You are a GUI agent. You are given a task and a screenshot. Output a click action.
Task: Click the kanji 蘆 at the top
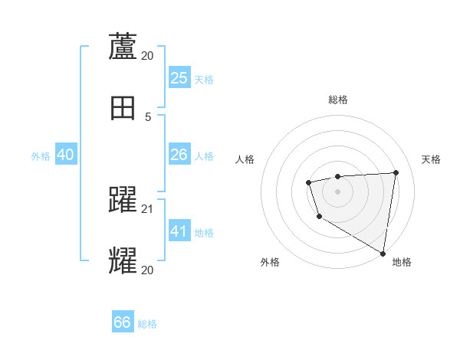pos(123,46)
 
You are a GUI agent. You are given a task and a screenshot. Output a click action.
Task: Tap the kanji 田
pos(123,108)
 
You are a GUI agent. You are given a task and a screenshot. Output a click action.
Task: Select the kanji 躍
pos(123,200)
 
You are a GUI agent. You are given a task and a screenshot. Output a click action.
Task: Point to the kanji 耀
pos(123,260)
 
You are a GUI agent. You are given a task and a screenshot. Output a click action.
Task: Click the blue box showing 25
pos(179,78)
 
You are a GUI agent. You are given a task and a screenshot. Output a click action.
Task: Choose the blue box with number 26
pos(179,155)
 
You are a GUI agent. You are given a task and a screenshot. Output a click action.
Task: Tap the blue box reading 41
pos(179,231)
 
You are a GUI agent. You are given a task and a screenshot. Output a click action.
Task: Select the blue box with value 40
pos(65,155)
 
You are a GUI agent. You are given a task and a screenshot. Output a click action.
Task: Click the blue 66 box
pos(122,322)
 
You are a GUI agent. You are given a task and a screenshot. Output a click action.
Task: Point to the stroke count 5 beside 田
pos(148,117)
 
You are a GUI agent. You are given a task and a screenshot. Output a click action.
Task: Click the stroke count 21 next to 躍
pos(148,209)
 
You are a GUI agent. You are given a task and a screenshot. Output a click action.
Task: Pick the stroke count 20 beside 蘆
pos(148,56)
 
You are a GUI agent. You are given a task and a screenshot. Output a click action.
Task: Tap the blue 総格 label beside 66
pos(147,324)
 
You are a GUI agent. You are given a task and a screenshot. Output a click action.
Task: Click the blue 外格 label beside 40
pos(41,156)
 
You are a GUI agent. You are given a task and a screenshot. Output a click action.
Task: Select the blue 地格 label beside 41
pos(204,233)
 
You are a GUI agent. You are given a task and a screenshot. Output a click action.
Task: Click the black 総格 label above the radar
pos(337,100)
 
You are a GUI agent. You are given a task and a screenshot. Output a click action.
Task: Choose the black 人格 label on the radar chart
pos(245,159)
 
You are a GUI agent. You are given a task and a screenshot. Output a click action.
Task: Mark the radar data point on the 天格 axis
pos(396,172)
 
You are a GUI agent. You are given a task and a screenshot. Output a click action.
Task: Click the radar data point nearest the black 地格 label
pos(383,253)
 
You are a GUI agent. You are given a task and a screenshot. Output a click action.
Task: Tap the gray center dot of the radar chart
pos(337,191)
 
